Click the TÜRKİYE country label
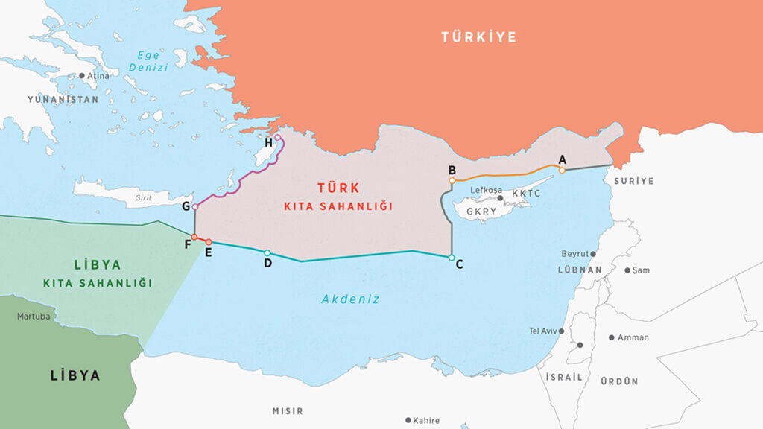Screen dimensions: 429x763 coord(478,37)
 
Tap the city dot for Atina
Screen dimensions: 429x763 coord(82,76)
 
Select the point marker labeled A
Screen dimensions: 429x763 coord(562,170)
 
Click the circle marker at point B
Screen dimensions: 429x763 coord(452,180)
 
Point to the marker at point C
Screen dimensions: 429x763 coord(452,258)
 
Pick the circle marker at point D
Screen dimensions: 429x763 coord(267,252)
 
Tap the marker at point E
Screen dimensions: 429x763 coord(209,242)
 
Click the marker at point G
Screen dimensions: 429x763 coord(195,206)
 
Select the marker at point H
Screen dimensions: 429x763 coord(277,137)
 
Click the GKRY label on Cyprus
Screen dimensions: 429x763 coord(481,212)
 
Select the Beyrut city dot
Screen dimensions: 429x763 coord(593,254)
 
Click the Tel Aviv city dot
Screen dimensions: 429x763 coord(561,331)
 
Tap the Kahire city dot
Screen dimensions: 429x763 coord(408,420)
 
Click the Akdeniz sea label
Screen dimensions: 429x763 coord(350,299)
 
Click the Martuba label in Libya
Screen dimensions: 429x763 coord(34,317)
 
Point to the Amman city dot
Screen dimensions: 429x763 coord(611,337)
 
